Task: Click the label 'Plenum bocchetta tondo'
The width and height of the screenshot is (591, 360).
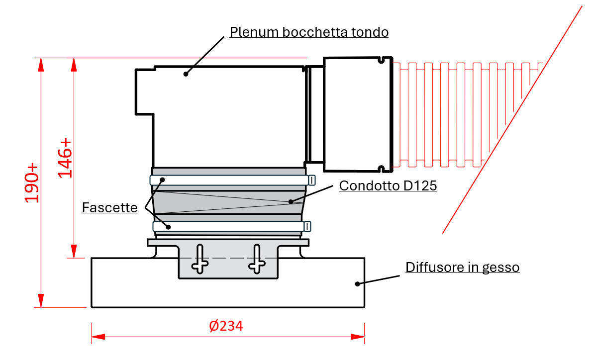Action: (308, 32)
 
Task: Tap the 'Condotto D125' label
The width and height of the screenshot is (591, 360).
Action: (388, 185)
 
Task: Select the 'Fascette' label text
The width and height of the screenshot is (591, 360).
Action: (109, 207)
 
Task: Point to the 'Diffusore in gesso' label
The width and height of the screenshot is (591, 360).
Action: (462, 267)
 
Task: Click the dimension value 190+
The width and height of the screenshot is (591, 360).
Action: (32, 182)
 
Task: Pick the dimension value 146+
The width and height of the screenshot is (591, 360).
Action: (65, 158)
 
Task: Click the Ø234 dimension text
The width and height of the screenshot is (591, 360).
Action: (226, 326)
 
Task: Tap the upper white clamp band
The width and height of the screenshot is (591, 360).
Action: (229, 180)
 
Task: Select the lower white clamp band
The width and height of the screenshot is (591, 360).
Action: (229, 227)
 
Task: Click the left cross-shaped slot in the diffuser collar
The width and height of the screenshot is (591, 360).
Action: (200, 259)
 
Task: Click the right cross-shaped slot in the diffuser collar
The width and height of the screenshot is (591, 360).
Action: (257, 259)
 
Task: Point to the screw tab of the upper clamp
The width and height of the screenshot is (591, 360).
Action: (312, 180)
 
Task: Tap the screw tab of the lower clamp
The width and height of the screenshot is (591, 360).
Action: (308, 227)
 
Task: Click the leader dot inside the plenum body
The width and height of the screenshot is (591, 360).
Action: (186, 74)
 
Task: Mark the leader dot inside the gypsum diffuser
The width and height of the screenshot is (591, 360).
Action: (357, 284)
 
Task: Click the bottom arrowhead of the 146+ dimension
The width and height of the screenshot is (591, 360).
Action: (74, 252)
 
